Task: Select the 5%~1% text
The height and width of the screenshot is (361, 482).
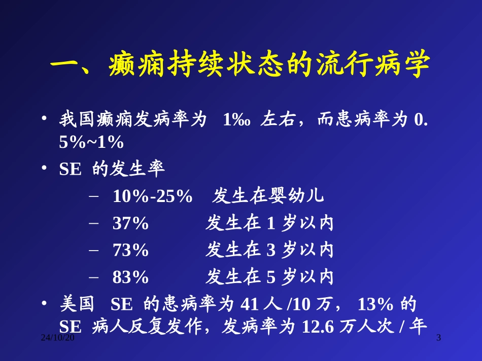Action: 91,142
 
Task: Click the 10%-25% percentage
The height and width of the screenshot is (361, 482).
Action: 152,196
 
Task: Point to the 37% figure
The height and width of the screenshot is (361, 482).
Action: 130,223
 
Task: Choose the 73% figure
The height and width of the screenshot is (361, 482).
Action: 130,250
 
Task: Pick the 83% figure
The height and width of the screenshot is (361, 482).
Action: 130,277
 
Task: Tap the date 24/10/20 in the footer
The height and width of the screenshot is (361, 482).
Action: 58,338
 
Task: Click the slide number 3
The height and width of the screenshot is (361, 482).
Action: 439,338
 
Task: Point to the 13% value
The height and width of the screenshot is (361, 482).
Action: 376,304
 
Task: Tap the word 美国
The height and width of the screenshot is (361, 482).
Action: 77,304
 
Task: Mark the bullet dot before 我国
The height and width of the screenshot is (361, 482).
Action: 45,119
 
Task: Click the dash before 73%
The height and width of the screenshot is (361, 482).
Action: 93,250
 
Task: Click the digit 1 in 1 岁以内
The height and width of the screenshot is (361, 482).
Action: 270,223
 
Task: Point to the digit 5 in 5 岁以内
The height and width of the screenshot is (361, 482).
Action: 270,277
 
